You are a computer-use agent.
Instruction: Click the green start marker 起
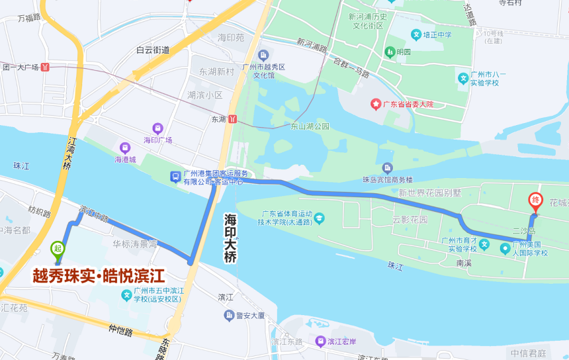[58, 249]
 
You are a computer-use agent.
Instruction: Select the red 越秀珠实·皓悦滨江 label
[99, 276]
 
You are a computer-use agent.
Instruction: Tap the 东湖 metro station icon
[233, 119]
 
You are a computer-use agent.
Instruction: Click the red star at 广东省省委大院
[375, 105]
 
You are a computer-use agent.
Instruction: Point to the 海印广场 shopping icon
[157, 128]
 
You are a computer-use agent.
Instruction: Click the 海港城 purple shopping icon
[124, 148]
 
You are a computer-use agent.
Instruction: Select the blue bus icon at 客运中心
[175, 177]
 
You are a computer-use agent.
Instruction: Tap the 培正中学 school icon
[416, 34]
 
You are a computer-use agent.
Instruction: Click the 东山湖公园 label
[310, 126]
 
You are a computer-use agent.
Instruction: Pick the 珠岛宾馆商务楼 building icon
[387, 167]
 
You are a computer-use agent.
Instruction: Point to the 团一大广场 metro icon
[45, 67]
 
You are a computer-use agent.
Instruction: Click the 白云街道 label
[153, 50]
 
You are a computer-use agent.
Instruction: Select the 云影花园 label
[410, 219]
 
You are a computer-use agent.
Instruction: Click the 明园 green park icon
[389, 51]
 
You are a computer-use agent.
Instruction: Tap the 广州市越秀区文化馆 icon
[264, 54]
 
